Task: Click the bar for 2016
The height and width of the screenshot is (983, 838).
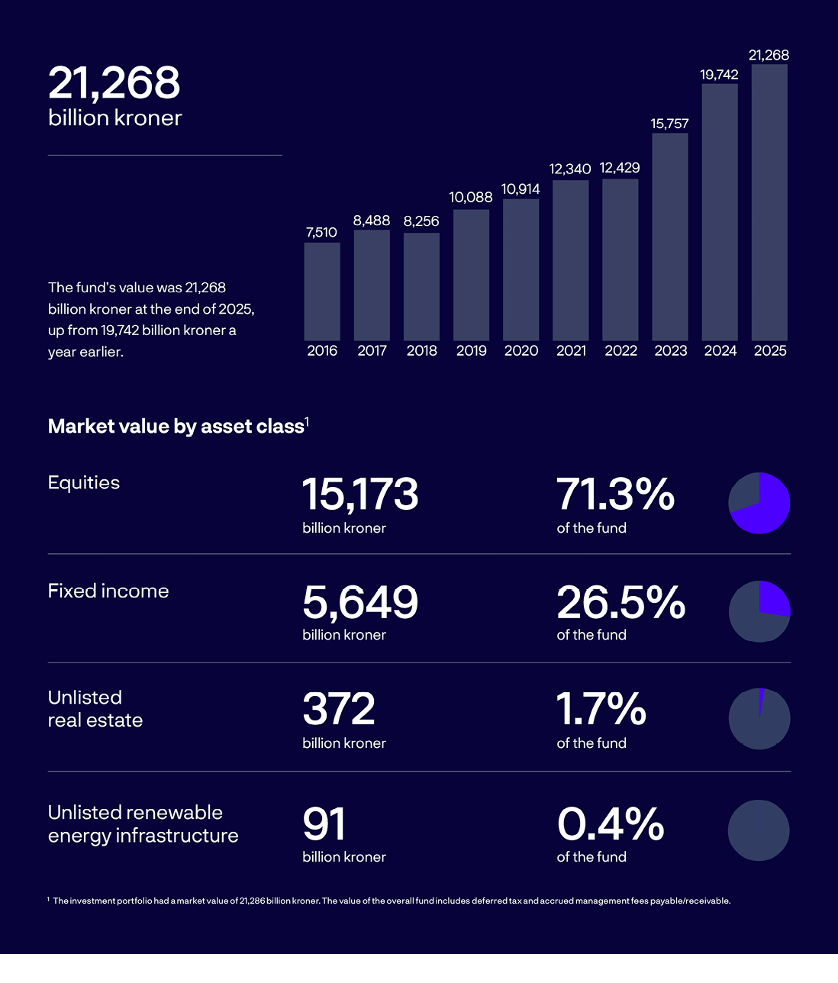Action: [322, 292]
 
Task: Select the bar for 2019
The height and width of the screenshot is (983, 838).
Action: [471, 275]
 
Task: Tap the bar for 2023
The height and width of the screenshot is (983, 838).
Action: [670, 237]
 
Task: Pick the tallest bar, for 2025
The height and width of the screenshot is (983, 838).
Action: [769, 202]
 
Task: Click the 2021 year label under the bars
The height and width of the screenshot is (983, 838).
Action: [571, 351]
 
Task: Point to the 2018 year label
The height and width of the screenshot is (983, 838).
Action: [421, 351]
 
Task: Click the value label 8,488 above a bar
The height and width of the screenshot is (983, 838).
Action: [372, 221]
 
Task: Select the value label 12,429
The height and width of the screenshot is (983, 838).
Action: [620, 168]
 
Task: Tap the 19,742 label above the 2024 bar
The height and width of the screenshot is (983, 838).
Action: [719, 75]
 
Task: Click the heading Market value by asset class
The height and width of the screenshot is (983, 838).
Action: [176, 427]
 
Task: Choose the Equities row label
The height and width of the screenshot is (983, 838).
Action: [84, 483]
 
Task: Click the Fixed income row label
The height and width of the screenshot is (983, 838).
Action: [108, 591]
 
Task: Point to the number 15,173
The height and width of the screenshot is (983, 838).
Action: [360, 495]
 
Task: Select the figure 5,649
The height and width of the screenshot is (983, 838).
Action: [360, 602]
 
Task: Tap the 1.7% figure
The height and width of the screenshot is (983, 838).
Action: [601, 710]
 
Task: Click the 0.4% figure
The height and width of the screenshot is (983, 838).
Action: [611, 824]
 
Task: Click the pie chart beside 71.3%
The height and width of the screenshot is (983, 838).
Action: [759, 503]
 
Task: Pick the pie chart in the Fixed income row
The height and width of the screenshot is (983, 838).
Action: [759, 611]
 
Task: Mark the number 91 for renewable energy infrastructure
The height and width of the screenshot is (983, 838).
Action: [324, 824]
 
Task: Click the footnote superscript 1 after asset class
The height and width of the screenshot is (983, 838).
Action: [307, 421]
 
